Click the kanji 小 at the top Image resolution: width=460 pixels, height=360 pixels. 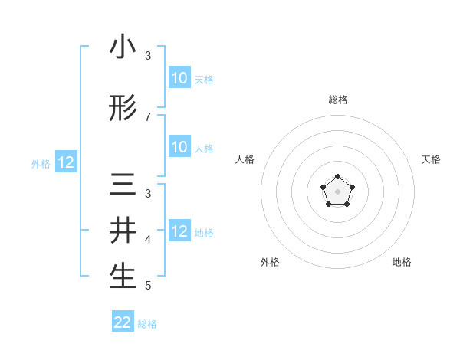(x=123, y=48)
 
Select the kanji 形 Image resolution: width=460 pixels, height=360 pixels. (x=123, y=109)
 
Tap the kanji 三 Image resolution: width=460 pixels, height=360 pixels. (x=123, y=185)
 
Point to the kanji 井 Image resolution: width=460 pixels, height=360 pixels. (x=123, y=231)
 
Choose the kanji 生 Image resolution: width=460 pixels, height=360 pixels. (x=123, y=277)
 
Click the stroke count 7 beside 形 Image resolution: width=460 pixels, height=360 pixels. (x=148, y=116)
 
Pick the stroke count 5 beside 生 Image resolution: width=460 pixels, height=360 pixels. (x=148, y=286)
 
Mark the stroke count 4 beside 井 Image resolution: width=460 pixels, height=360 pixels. (x=148, y=240)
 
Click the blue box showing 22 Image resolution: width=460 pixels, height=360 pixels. (x=123, y=322)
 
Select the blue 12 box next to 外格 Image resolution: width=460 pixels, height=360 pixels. (x=65, y=162)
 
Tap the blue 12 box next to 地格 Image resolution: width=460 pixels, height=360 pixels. (x=179, y=231)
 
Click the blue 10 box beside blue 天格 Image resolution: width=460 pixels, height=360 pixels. (x=179, y=78)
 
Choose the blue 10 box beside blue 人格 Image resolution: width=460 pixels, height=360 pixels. (x=179, y=147)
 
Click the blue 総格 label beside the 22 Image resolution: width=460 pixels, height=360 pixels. (x=147, y=324)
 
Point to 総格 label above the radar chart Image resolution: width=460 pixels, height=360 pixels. (x=337, y=100)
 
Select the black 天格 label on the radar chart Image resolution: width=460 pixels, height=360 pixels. (x=432, y=159)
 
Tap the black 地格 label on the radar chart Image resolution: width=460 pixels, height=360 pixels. (x=402, y=263)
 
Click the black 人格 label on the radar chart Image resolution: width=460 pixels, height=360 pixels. (x=245, y=159)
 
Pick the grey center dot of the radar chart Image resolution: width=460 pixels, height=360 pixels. (x=337, y=191)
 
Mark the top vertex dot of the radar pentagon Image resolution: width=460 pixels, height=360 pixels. (x=337, y=178)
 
